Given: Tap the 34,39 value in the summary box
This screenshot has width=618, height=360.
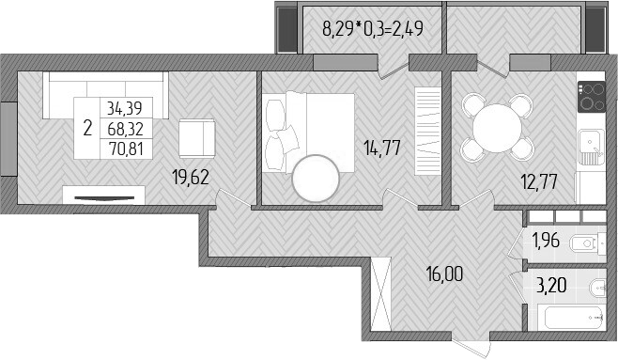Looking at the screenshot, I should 126,108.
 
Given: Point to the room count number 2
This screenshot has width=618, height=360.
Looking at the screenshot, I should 87,128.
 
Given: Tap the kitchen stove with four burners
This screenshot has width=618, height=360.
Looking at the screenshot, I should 592,96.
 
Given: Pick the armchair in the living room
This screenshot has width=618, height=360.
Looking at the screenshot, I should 196,137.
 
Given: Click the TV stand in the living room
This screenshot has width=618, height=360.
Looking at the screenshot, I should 103,195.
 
